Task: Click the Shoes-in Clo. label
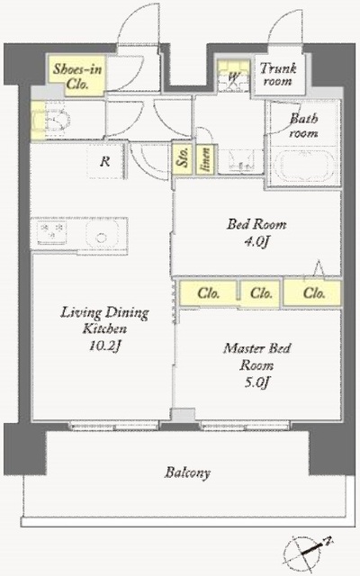[x=77, y=76]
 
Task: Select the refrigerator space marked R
[x=105, y=161]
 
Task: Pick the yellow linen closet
[x=205, y=159]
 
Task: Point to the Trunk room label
[x=278, y=75]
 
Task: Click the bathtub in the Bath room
[x=303, y=164]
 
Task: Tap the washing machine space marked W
[x=234, y=76]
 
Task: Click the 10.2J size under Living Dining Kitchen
[x=104, y=346]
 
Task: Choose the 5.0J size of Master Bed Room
[x=256, y=382]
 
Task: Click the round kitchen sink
[x=102, y=235]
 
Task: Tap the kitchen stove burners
[x=52, y=232]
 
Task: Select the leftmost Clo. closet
[x=208, y=293]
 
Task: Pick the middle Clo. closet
[x=261, y=293]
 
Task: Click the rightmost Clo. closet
[x=313, y=293]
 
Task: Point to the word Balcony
[x=188, y=472]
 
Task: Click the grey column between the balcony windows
[x=183, y=415]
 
